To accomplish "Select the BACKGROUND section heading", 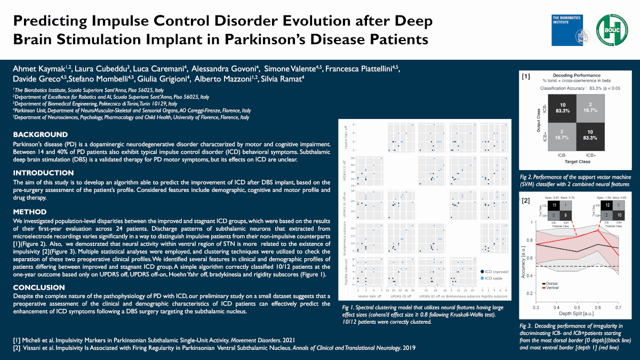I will [41, 134].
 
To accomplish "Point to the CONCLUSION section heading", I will [39, 287].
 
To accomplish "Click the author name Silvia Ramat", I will [285, 79].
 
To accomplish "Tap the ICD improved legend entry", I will [495, 271].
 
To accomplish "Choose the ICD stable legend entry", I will [493, 278].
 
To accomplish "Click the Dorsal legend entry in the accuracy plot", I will [551, 283].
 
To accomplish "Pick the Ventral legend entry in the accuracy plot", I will [551, 287].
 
